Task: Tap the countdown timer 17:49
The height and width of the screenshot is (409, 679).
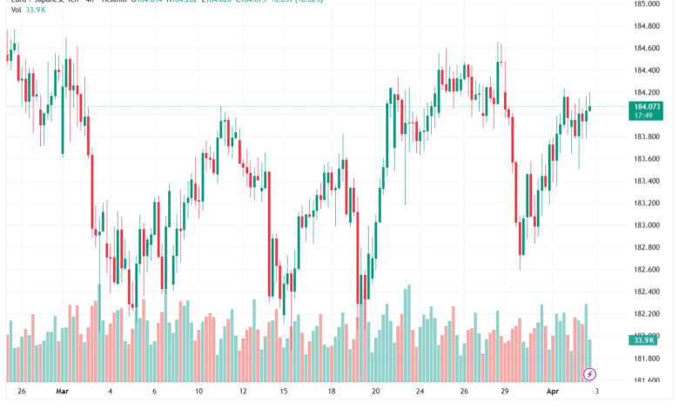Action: point(645,115)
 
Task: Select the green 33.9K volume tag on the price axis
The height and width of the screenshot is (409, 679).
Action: point(645,340)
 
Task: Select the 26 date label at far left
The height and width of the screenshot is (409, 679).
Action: point(20,392)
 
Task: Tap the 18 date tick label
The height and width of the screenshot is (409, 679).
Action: point(333,392)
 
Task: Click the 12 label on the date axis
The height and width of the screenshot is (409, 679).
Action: point(243,392)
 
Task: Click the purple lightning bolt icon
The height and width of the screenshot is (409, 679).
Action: point(590,374)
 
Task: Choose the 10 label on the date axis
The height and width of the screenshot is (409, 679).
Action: point(198,392)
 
